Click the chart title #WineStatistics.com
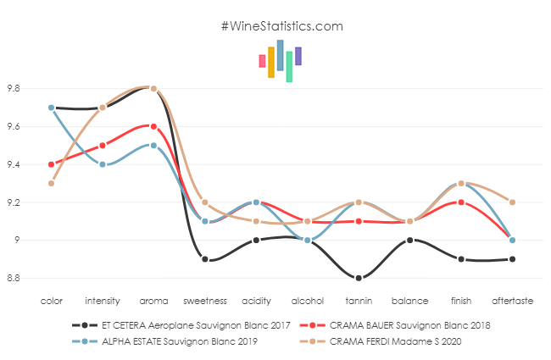[281, 25]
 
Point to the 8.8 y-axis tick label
[15, 278]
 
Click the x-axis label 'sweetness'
[204, 301]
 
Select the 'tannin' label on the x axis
[359, 301]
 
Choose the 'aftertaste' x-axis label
[512, 301]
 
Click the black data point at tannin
[359, 278]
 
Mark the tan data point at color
[52, 183]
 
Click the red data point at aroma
[153, 126]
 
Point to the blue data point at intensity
[103, 164]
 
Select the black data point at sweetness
[204, 259]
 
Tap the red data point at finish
[461, 202]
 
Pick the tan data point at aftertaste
[512, 202]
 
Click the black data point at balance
[409, 241]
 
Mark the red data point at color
[52, 164]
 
